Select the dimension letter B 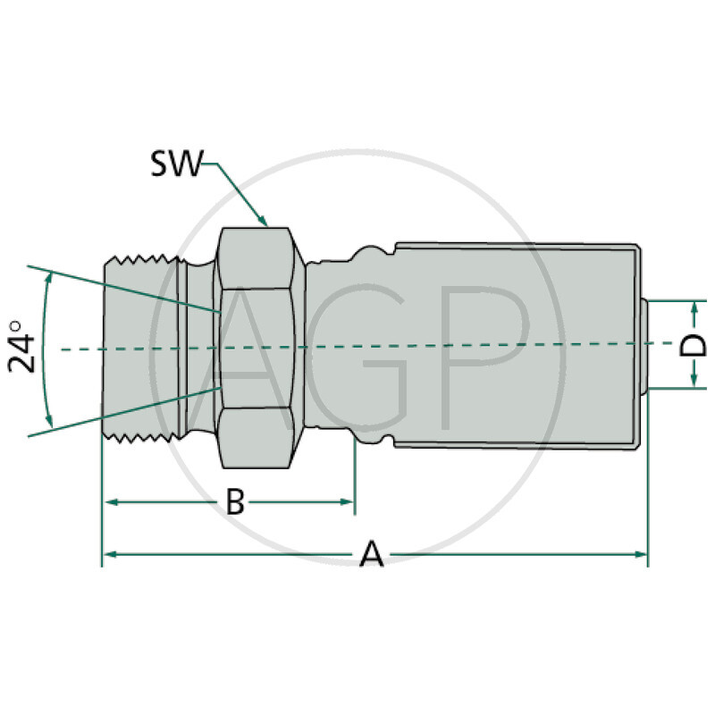pyautogui.click(x=234, y=502)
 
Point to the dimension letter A pyautogui.click(x=371, y=555)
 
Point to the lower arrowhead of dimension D pyautogui.click(x=694, y=383)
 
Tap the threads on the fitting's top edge pyautogui.click(x=143, y=261)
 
